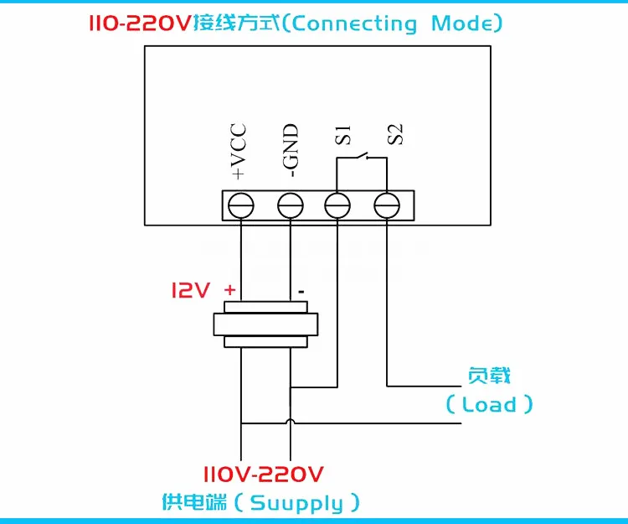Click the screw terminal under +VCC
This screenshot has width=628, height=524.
(240, 205)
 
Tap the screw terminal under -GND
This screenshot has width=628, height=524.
(291, 205)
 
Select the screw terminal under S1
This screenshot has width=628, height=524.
(337, 205)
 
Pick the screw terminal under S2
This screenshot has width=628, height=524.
(387, 205)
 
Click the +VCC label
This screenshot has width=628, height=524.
(239, 151)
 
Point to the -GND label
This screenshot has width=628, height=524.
(291, 150)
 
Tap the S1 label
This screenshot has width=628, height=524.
(342, 135)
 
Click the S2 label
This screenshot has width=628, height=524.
(395, 134)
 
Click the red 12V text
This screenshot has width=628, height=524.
(191, 289)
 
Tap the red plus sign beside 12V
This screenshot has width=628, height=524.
(230, 289)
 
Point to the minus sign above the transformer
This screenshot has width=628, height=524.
(301, 292)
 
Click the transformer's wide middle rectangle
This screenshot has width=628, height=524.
(265, 324)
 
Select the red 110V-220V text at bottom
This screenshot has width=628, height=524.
(263, 475)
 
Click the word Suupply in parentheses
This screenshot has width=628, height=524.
(296, 504)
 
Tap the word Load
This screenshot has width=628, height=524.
(489, 404)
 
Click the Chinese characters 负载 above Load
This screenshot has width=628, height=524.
(489, 376)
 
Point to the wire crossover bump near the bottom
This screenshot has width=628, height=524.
(291, 422)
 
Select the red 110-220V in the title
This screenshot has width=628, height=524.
(140, 23)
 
